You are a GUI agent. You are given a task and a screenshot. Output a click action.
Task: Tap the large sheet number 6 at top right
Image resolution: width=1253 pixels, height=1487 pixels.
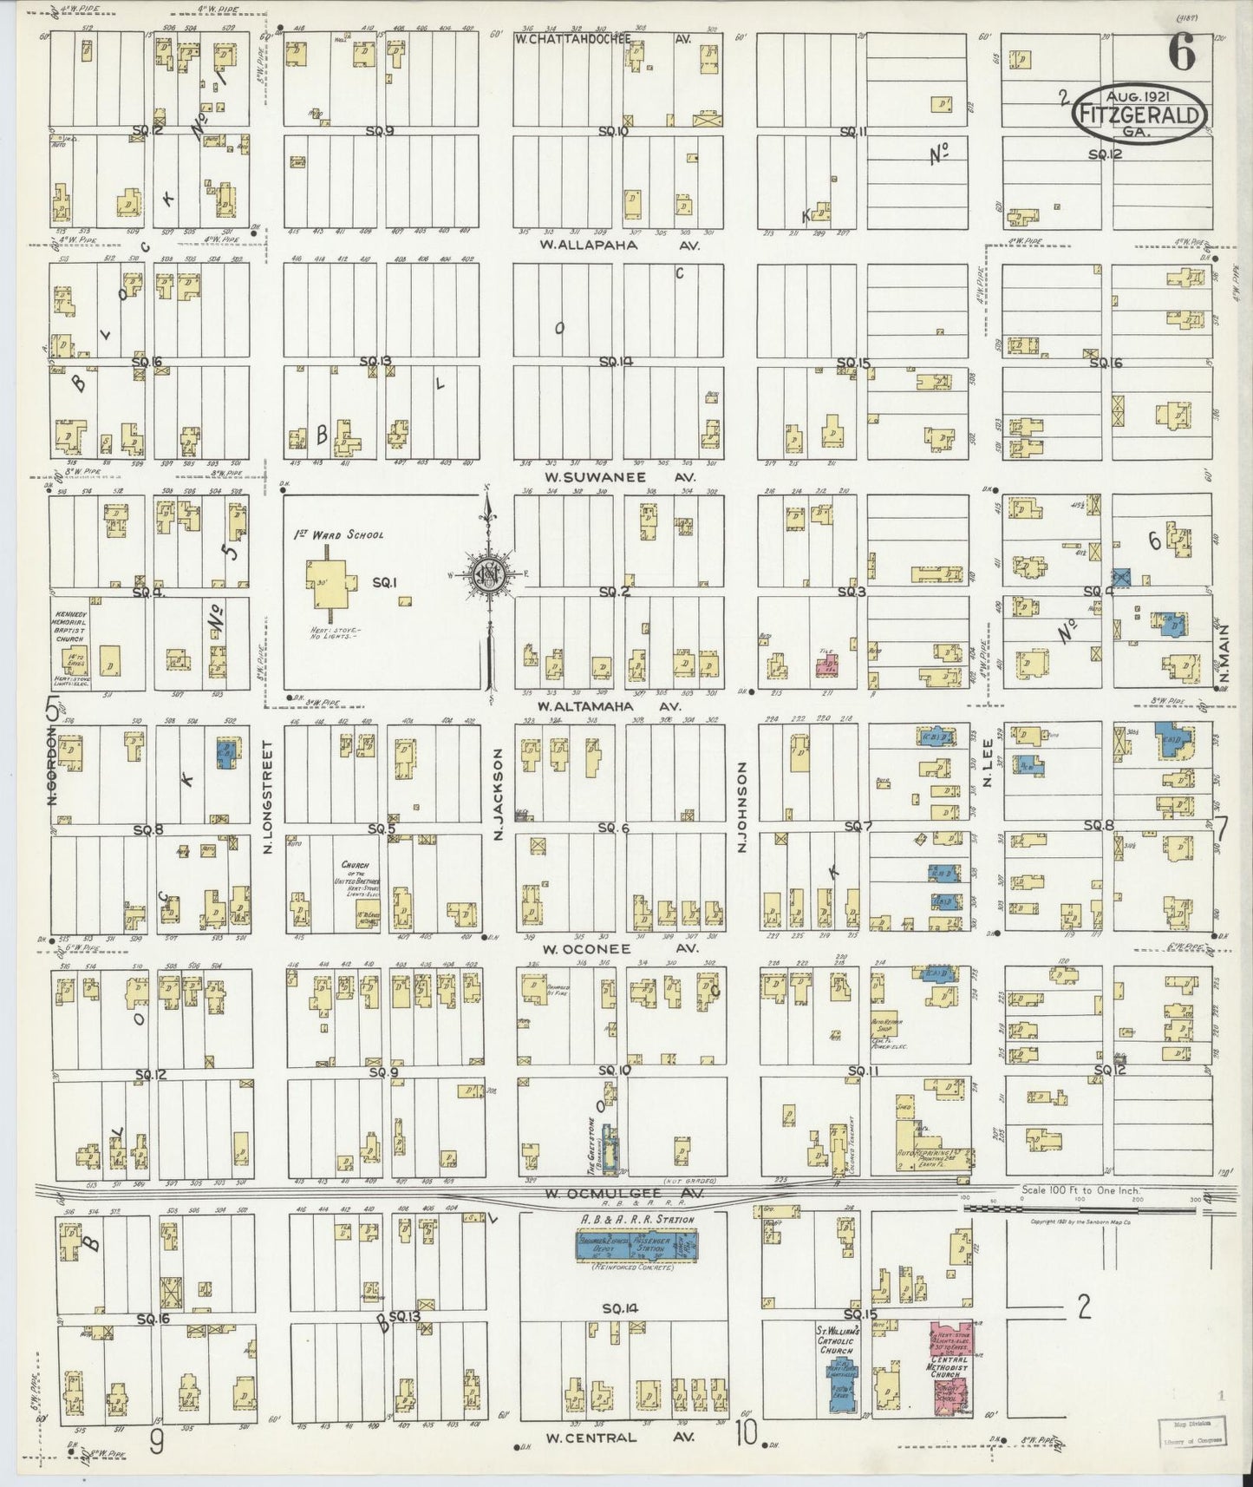1181,54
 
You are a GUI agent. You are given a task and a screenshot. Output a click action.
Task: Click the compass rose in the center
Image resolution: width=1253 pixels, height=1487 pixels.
487,573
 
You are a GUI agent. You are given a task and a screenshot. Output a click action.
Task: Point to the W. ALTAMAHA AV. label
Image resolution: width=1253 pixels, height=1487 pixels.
610,706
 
